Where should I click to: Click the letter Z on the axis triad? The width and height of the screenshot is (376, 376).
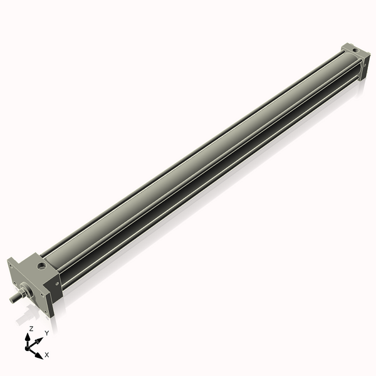pyautogui.click(x=31, y=328)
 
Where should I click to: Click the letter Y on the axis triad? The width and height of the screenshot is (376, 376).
pyautogui.click(x=46, y=333)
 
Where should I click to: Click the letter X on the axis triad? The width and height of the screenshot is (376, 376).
pyautogui.click(x=46, y=355)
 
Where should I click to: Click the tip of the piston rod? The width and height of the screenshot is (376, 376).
pyautogui.click(x=13, y=299)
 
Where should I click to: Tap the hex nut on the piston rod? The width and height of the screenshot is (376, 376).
pyautogui.click(x=24, y=292)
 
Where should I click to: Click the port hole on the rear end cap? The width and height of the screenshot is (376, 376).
pyautogui.click(x=355, y=51)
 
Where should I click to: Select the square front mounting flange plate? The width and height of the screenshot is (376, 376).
pyautogui.click(x=28, y=281)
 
